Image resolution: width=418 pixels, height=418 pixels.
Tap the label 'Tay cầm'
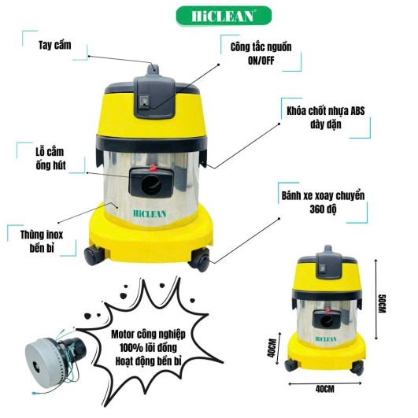[55, 46]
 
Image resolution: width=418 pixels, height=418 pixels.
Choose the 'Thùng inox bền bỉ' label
[43, 242]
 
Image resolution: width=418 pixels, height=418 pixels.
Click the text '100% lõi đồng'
[148, 347]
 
